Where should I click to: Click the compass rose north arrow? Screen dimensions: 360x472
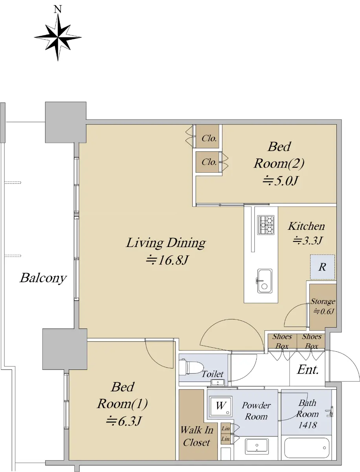[x=58, y=38]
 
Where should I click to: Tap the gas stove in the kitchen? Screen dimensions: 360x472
[x=266, y=225]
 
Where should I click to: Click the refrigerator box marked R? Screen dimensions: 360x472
[x=322, y=267]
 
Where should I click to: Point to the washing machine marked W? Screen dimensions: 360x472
[x=221, y=406]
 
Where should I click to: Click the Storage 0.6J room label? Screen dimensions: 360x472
[x=323, y=306]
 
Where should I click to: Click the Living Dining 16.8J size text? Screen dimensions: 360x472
[x=167, y=260]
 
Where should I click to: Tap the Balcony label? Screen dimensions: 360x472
[x=43, y=278]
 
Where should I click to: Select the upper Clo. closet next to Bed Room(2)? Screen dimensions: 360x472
[x=208, y=136]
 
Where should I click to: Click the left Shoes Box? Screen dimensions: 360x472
[x=282, y=341]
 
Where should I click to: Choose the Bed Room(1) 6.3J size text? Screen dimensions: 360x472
[x=124, y=421]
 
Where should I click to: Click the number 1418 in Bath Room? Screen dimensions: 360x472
[x=308, y=425]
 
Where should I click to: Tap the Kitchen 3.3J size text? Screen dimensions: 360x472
[x=307, y=240]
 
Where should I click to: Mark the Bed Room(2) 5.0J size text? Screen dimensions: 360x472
[x=280, y=181]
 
